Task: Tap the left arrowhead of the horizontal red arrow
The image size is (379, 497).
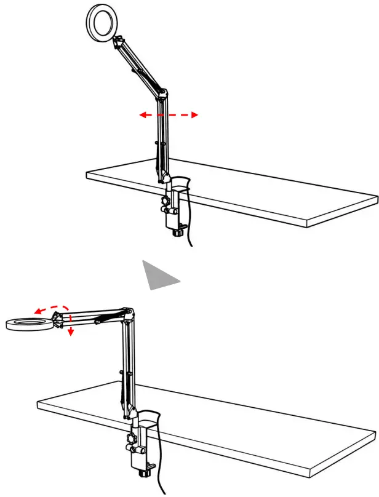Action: [x=142, y=115]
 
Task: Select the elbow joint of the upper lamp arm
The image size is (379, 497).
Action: [x=162, y=93]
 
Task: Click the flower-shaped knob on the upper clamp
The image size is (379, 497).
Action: [x=164, y=202]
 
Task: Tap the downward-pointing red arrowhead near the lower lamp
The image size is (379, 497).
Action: [x=71, y=332]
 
